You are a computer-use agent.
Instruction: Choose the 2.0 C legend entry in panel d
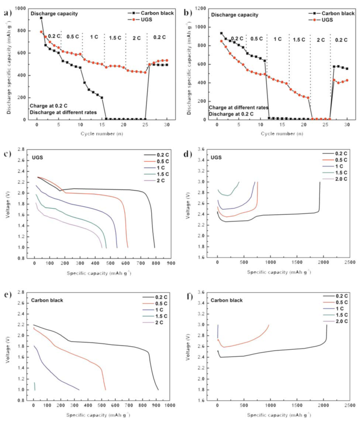pos(340,180)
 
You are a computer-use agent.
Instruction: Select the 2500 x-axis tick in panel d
pos(348,263)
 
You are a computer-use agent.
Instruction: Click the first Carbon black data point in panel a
pos(41,18)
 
